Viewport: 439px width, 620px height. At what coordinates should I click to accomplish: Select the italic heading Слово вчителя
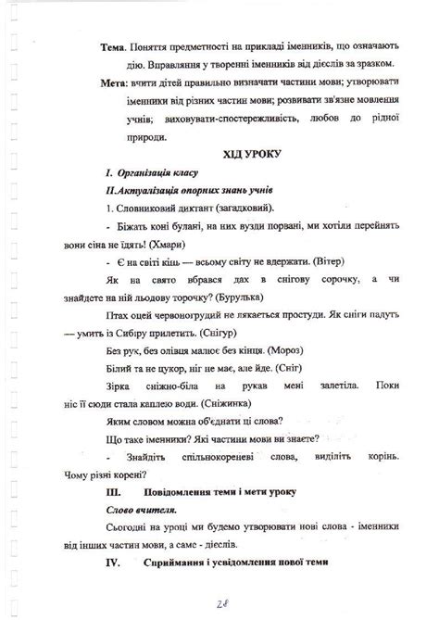point(140,509)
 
